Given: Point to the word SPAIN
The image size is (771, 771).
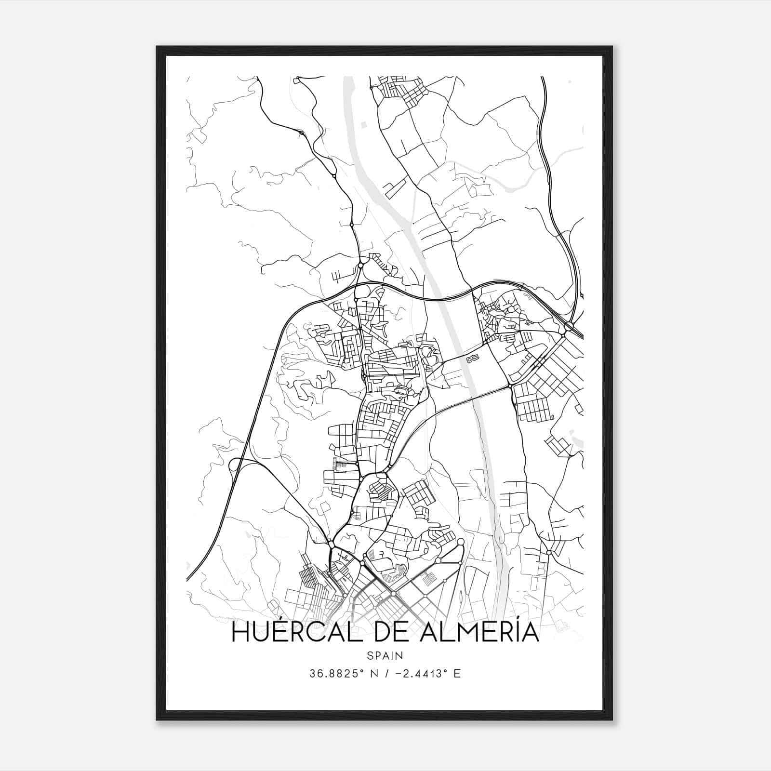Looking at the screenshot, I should click(385, 655).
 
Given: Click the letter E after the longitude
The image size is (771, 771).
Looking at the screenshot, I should click(457, 673).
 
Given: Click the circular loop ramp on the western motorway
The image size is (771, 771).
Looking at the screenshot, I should click(235, 465).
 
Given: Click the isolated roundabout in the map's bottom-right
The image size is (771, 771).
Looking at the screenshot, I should click(549, 552).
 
